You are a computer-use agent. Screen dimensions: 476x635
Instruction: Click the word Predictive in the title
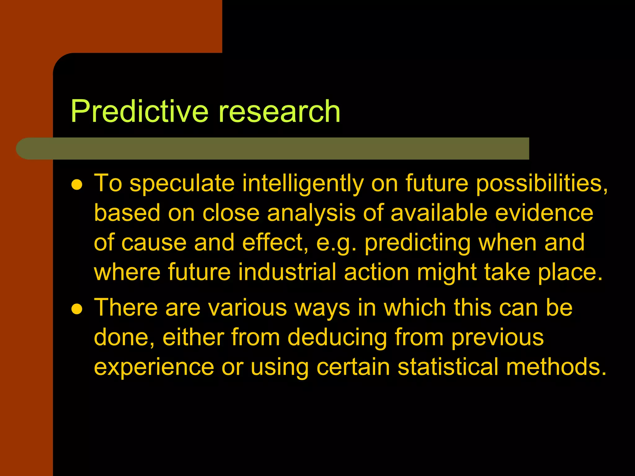[140, 112]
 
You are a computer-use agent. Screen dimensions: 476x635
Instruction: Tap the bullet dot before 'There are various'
[77, 309]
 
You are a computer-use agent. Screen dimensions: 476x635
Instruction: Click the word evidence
[544, 213]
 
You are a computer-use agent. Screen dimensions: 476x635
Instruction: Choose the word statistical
[448, 367]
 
